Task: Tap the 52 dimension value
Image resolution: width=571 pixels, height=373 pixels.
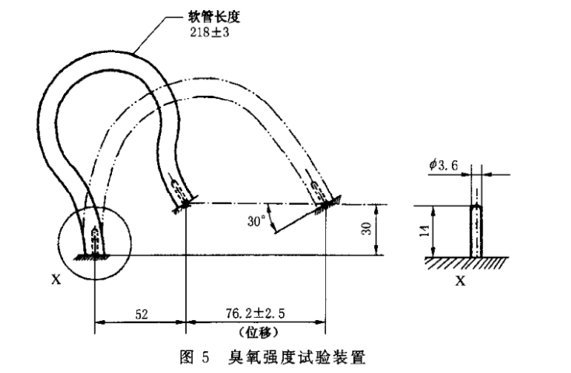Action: point(141,314)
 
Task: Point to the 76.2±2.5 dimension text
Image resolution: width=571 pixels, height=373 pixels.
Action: point(254,314)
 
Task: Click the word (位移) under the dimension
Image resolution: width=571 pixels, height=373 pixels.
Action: point(254,330)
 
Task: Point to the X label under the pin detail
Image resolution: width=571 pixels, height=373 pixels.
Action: point(460,280)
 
